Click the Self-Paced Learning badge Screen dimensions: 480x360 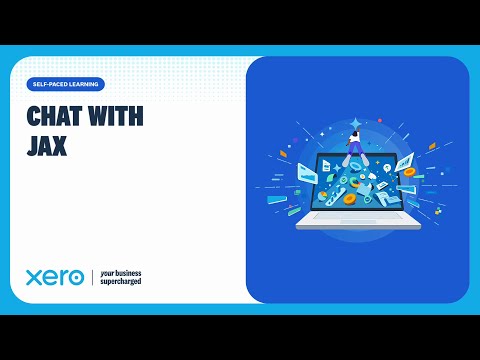66,84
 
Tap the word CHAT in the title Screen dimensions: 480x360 54,116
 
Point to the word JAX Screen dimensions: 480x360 47,146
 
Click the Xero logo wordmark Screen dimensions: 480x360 55,277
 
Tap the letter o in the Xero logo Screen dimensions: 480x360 76,278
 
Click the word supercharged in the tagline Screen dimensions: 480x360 121,282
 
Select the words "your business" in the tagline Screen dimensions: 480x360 121,273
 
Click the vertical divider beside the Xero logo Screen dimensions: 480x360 92,277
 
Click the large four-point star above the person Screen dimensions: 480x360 356,123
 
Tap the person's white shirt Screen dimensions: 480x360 354,137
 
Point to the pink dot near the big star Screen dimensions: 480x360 380,120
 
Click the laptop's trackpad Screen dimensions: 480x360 358,221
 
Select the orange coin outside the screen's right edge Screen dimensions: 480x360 409,172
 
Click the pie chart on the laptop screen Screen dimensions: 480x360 322,196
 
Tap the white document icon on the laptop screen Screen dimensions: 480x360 326,166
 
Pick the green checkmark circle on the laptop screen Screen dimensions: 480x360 344,180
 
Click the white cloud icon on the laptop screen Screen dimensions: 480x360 372,176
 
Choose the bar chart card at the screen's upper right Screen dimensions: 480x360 404,162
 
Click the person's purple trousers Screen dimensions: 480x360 355,148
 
